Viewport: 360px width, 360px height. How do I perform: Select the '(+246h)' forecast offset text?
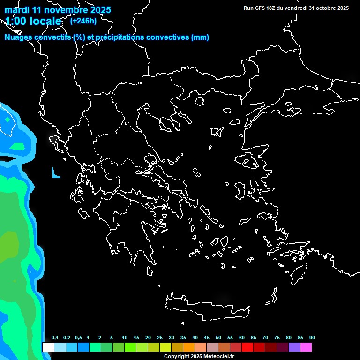click(x=83, y=21)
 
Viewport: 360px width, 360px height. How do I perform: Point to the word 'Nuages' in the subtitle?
click(x=18, y=37)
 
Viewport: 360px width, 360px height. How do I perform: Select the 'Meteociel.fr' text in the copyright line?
click(x=216, y=356)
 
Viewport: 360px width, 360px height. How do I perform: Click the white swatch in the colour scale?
click(x=48, y=347)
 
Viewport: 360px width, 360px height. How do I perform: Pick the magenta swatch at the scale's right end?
click(x=306, y=347)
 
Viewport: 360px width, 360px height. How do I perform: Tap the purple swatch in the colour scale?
click(x=294, y=347)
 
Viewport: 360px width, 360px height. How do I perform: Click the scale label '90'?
click(x=312, y=338)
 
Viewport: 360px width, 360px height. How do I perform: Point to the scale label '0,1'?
click(x=55, y=338)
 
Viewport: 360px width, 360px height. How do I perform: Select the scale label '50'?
click(x=218, y=338)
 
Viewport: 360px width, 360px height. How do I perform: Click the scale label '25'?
click(x=159, y=338)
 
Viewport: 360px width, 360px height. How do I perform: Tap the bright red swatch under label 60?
click(x=247, y=347)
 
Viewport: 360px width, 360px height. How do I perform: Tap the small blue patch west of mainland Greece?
click(x=56, y=174)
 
